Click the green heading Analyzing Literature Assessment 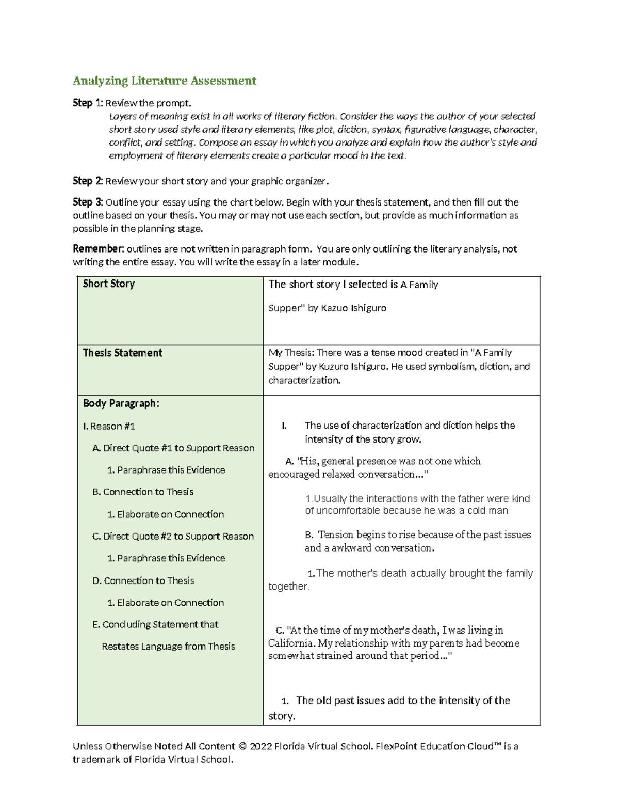[x=164, y=81]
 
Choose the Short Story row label [x=109, y=284]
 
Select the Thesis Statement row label [x=123, y=353]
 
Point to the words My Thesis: [x=291, y=353]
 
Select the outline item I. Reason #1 [x=109, y=426]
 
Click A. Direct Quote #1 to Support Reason [x=173, y=448]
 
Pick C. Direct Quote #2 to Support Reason [x=173, y=537]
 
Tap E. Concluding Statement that [x=155, y=624]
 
